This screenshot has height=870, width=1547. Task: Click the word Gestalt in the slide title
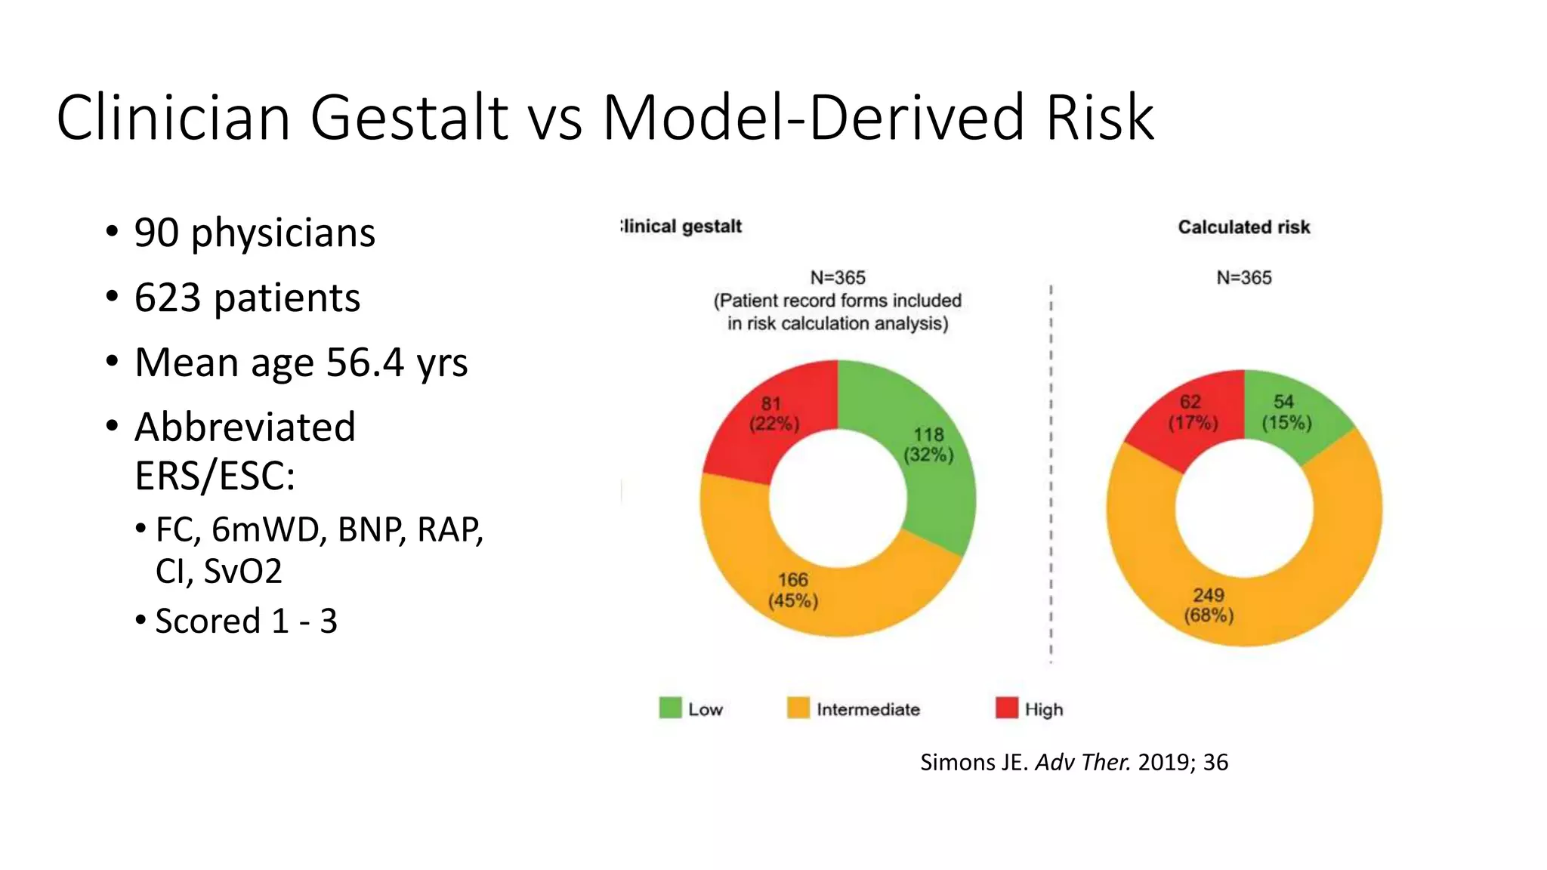[409, 118]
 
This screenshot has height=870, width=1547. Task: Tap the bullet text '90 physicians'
[254, 233]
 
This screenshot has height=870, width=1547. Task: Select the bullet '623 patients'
[247, 298]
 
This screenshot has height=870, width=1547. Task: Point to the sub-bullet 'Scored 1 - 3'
[245, 622]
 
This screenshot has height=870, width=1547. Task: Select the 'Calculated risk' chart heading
[1243, 227]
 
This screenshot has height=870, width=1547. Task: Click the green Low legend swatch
[670, 708]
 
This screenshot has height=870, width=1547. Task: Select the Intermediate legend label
[867, 710]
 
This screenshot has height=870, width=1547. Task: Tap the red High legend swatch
[1007, 708]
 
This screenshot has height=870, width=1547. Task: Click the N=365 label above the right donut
[1243, 278]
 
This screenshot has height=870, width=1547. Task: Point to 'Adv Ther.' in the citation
[1082, 763]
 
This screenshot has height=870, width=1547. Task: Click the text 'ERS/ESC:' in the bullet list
[215, 476]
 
